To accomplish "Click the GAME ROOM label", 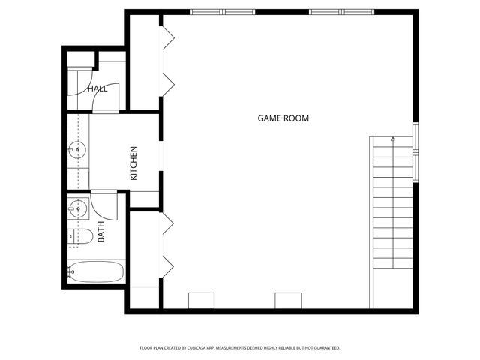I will click(283, 118).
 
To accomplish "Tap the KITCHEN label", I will click(133, 163).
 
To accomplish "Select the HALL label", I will click(97, 88).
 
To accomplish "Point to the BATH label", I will click(100, 230).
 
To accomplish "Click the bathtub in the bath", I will click(96, 271).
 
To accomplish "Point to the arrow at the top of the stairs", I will click(393, 139).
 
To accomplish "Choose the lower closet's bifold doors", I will click(167, 243).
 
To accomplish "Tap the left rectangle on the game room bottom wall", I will click(201, 300).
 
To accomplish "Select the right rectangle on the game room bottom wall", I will click(288, 300).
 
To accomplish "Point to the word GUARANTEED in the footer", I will click(322, 348).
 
